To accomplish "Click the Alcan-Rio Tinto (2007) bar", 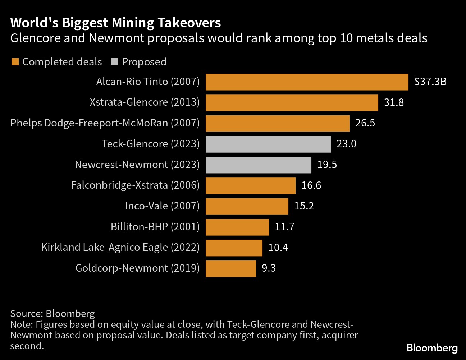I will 307,82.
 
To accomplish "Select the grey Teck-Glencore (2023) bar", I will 268,144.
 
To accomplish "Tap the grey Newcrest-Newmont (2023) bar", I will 258,165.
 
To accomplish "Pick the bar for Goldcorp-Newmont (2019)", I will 230,268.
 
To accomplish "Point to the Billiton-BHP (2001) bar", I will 237,227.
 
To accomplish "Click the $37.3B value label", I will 430,82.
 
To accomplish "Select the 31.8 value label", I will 394,103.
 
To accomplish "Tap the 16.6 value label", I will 311,186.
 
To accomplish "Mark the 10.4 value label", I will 278,248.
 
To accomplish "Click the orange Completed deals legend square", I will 15,62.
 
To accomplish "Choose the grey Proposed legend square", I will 114,62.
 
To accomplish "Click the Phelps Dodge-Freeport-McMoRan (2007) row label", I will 105,123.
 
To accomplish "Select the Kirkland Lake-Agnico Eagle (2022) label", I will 120,248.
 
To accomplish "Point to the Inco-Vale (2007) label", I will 162,206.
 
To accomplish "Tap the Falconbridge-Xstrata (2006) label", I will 135,185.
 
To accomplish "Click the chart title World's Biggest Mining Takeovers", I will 115,23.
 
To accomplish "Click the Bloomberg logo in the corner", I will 432,348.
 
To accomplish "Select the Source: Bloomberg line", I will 52,314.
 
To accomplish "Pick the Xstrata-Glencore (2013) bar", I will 292,103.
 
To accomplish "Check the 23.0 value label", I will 346,144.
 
